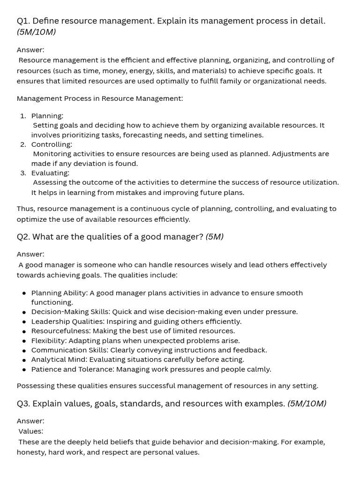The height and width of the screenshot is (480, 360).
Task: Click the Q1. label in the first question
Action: (23, 21)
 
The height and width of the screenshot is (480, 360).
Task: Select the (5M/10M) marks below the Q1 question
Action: (36, 32)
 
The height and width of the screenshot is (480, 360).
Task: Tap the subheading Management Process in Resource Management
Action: (99, 98)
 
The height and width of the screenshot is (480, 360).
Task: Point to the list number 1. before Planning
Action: (23, 116)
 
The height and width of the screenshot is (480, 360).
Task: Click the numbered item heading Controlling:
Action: (52, 144)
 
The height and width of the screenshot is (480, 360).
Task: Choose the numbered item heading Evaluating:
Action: (50, 173)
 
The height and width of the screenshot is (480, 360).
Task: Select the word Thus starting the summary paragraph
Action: (25, 209)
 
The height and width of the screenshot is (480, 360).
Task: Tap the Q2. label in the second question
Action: (23, 237)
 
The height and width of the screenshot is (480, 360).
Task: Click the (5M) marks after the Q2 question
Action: (214, 237)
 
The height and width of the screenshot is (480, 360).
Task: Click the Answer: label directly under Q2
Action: (30, 254)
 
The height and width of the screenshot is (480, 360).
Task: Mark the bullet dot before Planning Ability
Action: (24, 293)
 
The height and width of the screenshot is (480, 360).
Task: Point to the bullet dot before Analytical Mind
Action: (24, 360)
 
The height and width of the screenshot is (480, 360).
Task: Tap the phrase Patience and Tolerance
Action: (72, 369)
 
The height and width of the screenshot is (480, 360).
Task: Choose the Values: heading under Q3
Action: (31, 431)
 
